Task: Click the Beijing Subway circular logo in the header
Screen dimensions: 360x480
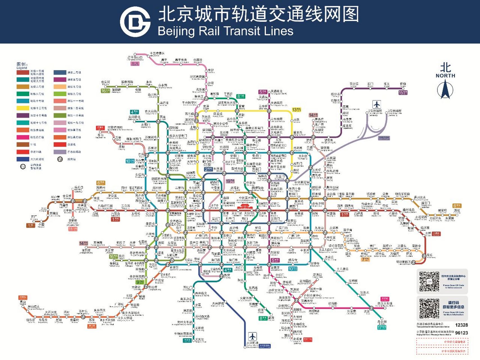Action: (x=135, y=22)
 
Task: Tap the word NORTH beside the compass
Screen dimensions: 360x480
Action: (x=445, y=76)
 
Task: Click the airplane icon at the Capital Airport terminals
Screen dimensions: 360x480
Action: (x=377, y=105)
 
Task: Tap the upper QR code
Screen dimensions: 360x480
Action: (x=429, y=281)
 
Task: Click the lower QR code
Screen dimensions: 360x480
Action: (x=429, y=309)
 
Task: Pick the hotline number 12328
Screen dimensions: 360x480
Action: (x=461, y=325)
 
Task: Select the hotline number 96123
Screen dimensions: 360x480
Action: (x=461, y=333)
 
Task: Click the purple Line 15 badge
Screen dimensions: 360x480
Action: (x=403, y=92)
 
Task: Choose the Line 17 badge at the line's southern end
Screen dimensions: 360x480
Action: (x=382, y=327)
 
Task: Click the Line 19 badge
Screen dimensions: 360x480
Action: (x=230, y=181)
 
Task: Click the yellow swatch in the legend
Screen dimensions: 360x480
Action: (x=23, y=108)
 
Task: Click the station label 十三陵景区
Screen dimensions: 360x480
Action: (x=157, y=53)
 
